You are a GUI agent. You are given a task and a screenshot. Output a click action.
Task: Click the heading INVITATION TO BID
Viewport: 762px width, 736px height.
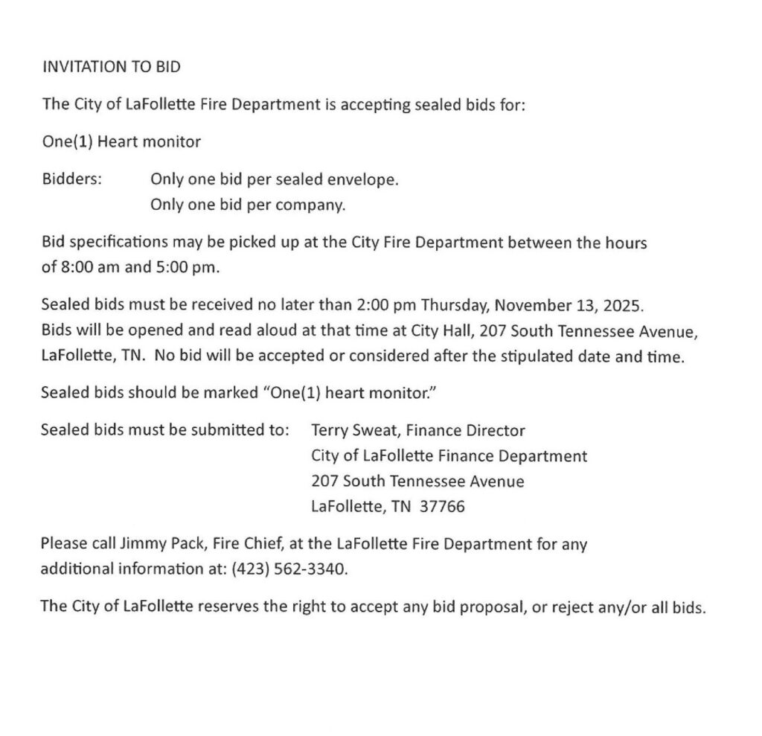[x=111, y=67]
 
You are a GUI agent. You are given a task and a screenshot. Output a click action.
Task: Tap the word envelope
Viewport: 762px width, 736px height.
[x=366, y=180]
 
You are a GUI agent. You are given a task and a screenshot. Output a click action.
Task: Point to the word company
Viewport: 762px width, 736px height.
[x=316, y=205]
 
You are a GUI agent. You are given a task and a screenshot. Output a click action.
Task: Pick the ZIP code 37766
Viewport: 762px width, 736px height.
[x=442, y=507]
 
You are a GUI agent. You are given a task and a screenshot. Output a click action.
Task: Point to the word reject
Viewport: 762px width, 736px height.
[x=566, y=607]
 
